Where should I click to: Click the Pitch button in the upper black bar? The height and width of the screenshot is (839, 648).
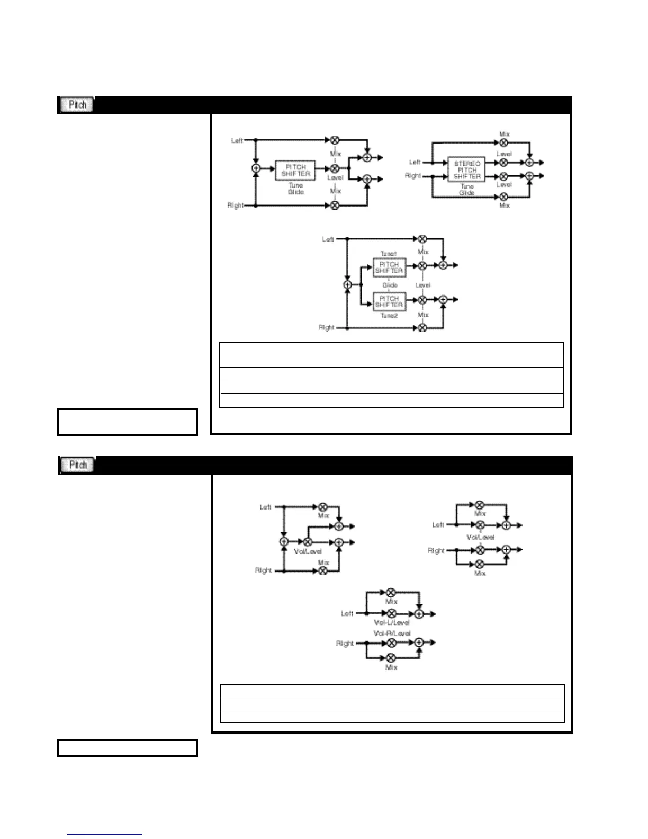(77, 105)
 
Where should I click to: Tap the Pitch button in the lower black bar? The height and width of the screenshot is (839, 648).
(77, 465)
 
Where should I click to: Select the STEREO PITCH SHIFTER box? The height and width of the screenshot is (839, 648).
(466, 170)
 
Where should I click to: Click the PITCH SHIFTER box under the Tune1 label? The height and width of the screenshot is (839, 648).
(389, 267)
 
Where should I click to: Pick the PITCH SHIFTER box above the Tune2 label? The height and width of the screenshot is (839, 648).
(389, 301)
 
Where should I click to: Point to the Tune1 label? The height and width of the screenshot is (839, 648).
(388, 254)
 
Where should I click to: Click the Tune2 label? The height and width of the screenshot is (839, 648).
(389, 316)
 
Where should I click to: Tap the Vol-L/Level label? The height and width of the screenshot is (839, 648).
(391, 623)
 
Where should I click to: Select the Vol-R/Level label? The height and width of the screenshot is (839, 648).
(392, 633)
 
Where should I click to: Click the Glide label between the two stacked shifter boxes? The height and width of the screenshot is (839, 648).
(390, 285)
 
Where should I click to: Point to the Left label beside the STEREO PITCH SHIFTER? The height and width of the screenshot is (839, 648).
(415, 163)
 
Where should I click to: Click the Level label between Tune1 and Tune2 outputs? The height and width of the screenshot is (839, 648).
(423, 285)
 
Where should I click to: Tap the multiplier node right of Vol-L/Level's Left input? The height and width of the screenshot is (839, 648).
(391, 614)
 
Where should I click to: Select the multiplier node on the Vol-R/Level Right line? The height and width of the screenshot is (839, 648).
(391, 643)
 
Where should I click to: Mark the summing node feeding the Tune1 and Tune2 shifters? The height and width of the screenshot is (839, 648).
(347, 285)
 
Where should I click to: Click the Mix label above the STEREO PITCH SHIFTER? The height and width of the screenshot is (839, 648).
(505, 135)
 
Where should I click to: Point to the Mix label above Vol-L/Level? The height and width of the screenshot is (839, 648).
(391, 602)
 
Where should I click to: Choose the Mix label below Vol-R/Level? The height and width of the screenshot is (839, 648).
(391, 668)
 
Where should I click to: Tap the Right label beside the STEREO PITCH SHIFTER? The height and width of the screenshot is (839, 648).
(413, 176)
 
